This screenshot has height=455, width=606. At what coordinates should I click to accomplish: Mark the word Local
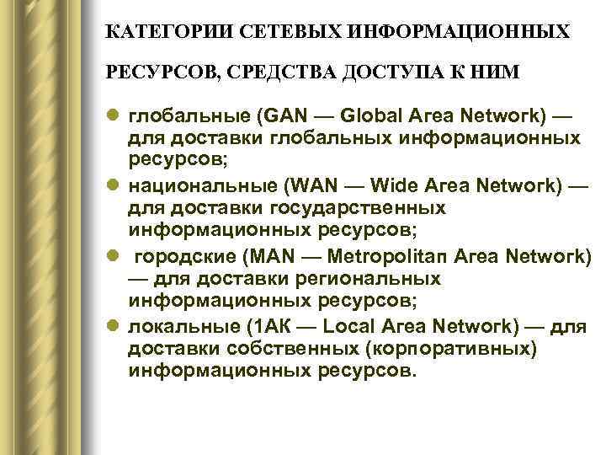coord(346,327)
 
